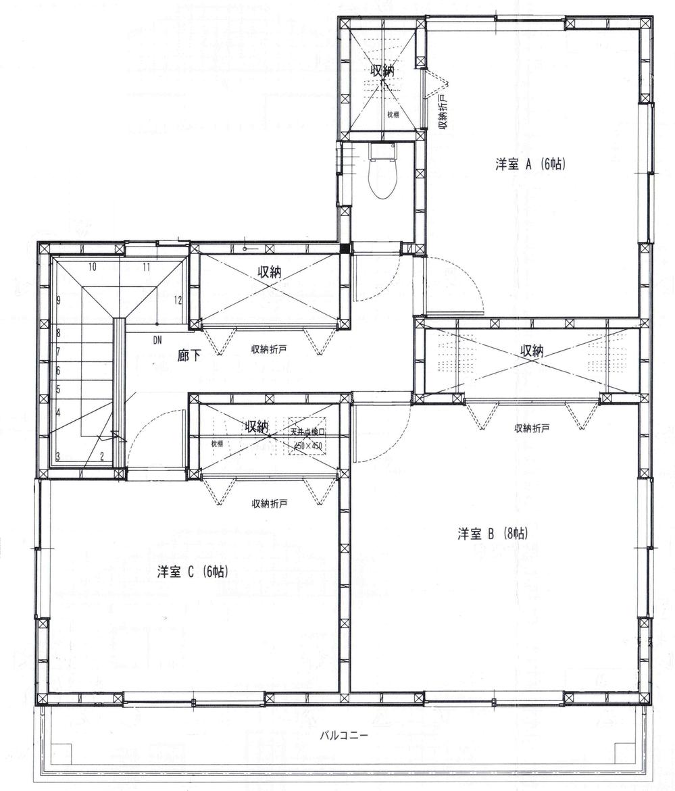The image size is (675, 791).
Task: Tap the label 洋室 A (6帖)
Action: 530,164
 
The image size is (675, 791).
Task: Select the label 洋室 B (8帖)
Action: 493,534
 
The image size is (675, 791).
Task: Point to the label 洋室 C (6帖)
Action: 193,571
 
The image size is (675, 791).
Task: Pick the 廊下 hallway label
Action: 189,355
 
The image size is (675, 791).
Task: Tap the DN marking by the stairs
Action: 157,339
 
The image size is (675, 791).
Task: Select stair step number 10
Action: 92,267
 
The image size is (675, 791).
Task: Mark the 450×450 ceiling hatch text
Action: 308,446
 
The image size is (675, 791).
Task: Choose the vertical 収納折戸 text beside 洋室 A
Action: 443,114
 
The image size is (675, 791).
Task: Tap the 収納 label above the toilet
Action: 382,69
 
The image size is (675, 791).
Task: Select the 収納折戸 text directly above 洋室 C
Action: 270,503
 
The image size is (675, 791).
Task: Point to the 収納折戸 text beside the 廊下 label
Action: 270,349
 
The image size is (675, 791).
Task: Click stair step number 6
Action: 59,371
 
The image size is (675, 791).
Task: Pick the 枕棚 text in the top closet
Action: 393,115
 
